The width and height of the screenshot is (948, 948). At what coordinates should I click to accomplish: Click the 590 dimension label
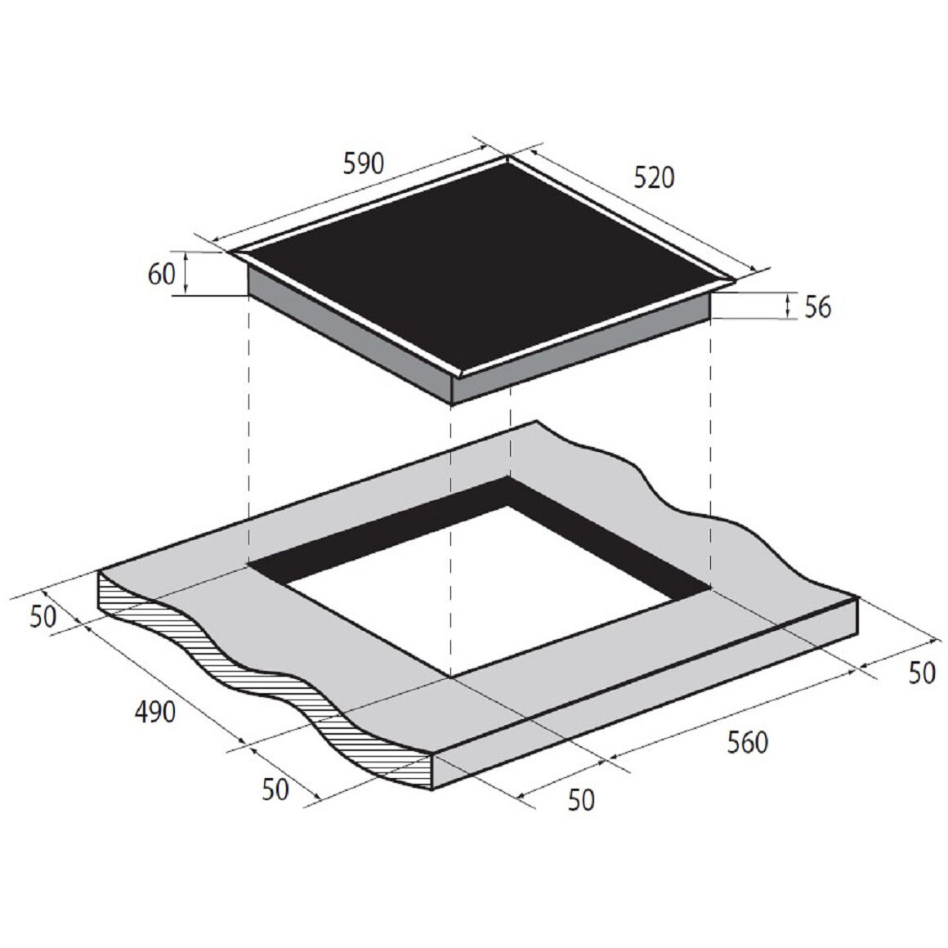[363, 164]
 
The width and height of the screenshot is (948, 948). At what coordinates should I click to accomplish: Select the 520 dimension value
[655, 177]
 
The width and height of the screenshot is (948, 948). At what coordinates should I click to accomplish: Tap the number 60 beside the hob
[161, 275]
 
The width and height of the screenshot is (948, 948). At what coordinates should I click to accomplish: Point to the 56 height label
[817, 307]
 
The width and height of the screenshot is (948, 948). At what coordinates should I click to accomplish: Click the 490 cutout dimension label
[154, 712]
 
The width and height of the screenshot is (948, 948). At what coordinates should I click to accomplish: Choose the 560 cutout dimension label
[747, 742]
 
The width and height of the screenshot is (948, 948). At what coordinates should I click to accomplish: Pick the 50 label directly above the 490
[43, 616]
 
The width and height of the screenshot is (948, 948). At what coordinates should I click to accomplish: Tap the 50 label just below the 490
[275, 789]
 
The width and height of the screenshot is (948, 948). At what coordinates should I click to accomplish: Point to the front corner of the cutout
[451, 677]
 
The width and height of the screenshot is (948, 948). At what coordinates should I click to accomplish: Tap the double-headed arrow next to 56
[787, 306]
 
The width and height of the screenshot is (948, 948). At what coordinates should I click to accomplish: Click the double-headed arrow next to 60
[187, 273]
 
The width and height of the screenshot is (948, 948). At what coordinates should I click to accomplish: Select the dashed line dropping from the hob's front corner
[451, 531]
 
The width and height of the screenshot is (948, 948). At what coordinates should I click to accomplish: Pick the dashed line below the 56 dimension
[710, 449]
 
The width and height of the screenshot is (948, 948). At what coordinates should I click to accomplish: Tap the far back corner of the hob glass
[508, 159]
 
